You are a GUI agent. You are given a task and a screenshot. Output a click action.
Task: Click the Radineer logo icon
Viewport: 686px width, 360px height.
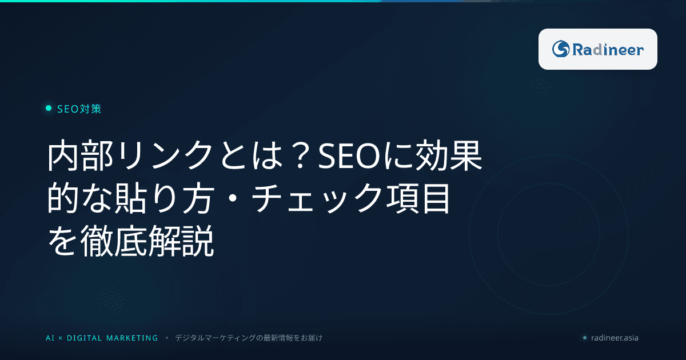(560, 49)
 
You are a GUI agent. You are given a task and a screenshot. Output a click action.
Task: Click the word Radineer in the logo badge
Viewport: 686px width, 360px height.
(608, 50)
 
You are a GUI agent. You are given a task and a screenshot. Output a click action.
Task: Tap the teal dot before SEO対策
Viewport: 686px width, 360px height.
(49, 109)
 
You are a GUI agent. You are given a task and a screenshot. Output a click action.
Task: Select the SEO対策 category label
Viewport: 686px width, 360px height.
(79, 109)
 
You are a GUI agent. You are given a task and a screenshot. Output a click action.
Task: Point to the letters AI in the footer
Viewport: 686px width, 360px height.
(50, 338)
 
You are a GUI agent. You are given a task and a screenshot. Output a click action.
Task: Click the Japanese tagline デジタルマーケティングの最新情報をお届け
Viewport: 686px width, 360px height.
(249, 338)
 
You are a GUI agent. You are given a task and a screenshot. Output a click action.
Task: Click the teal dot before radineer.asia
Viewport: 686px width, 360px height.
(584, 338)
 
